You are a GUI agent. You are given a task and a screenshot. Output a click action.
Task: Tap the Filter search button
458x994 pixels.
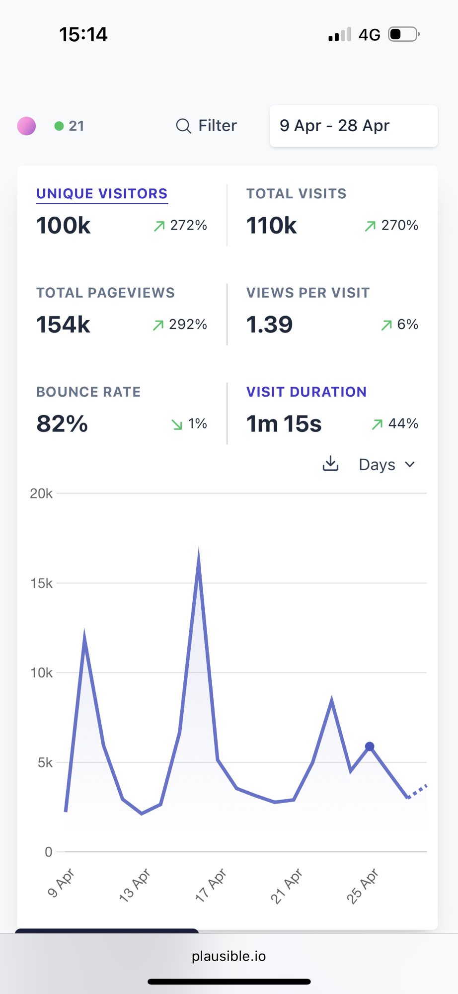coord(207,126)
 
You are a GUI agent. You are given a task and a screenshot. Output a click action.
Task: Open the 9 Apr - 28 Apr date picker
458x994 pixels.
coord(353,126)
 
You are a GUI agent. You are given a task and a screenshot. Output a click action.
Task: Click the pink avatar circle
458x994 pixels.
coord(26,126)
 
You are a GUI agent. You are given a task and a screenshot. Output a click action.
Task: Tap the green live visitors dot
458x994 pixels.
coord(59,126)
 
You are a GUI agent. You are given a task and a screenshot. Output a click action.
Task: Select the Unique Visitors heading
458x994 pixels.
coord(102,194)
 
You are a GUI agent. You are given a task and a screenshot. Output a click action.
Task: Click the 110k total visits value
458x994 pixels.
coord(271,226)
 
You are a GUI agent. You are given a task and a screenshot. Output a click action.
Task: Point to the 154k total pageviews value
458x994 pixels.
coord(63,325)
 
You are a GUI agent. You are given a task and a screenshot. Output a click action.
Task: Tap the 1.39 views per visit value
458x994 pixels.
coord(269,325)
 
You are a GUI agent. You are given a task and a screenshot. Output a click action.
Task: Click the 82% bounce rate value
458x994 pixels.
coord(62,424)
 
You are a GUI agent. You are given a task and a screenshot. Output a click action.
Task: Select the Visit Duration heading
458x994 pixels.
coord(306,392)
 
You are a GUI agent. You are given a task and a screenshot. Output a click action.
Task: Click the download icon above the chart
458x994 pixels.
coord(330,464)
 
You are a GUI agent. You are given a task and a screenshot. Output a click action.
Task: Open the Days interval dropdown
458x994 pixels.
coord(386,465)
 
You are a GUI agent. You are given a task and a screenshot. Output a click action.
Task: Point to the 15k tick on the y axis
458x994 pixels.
coord(41,583)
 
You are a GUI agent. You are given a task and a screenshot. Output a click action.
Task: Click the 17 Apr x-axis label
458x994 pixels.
coord(211,886)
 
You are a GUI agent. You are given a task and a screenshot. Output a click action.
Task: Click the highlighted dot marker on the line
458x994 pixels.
coord(370,746)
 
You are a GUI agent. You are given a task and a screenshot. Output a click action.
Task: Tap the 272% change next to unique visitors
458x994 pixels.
coord(188,226)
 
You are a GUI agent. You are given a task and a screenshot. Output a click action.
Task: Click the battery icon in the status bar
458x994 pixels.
coord(403,34)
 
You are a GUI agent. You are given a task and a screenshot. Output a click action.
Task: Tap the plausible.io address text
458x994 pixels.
coord(229,956)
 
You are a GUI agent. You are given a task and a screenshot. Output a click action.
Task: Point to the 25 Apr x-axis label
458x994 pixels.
coord(363,886)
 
